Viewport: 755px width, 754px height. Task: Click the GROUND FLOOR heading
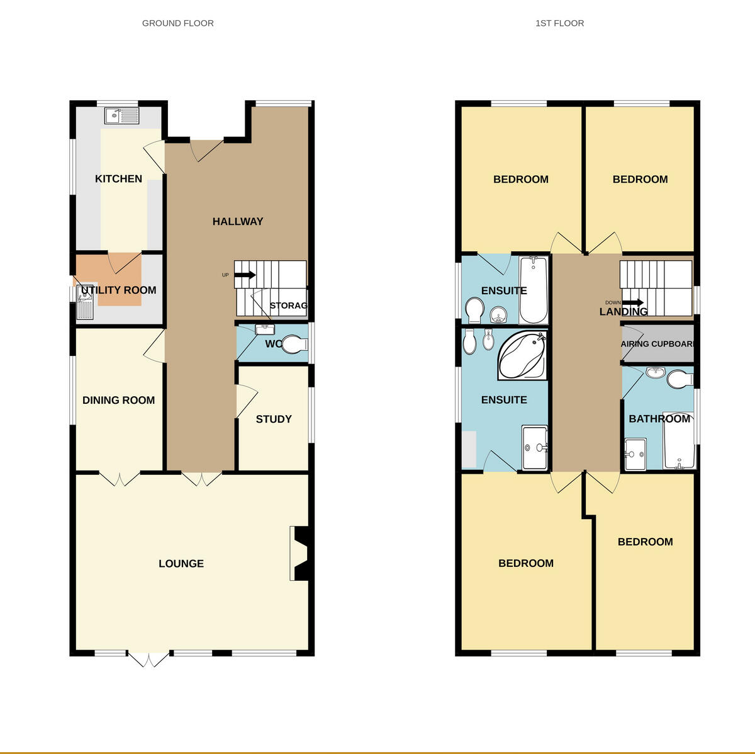[178, 23]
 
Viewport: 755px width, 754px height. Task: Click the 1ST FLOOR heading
[559, 23]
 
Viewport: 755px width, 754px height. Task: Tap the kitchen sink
[121, 116]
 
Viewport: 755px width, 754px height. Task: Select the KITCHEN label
[118, 179]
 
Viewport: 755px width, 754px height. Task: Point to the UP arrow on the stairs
[245, 275]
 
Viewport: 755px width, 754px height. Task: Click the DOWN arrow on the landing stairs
[632, 302]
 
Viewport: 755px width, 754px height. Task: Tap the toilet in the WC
[294, 345]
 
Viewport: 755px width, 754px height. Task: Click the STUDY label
[274, 420]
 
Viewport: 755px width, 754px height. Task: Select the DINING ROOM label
[118, 401]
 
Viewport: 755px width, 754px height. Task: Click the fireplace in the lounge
[300, 553]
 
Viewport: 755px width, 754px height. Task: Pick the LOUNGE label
[181, 564]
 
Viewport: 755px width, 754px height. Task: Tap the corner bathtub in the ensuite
[522, 356]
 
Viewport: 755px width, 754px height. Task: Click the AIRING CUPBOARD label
[657, 344]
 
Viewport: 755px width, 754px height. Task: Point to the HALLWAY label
[238, 222]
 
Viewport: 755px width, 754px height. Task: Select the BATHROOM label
[659, 419]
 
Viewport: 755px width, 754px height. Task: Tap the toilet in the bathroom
[678, 380]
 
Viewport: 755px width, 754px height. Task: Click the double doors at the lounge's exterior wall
[149, 658]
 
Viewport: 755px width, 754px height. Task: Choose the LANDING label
[623, 312]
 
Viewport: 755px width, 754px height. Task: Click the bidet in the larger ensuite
[488, 341]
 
